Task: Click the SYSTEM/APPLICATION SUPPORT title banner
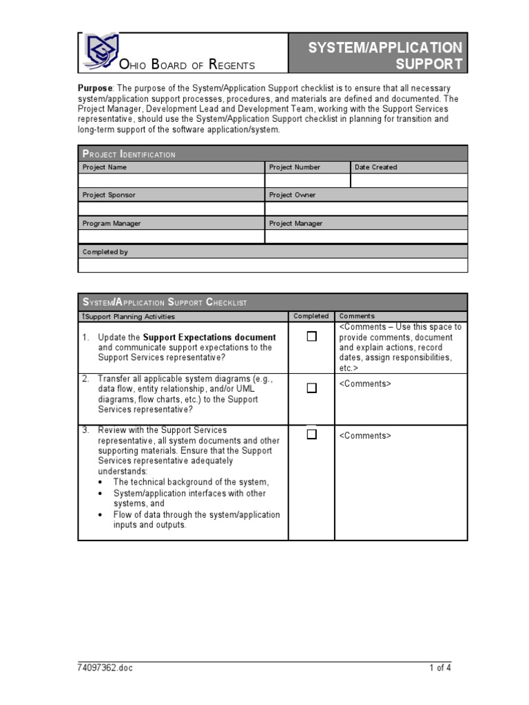click(377, 56)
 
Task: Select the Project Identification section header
click(129, 154)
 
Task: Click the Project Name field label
click(105, 167)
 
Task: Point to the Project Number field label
click(295, 167)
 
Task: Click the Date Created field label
click(375, 167)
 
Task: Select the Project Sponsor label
click(109, 196)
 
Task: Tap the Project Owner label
click(292, 196)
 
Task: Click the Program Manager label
click(112, 224)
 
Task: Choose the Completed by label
click(105, 252)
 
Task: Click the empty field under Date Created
click(409, 181)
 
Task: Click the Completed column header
click(311, 316)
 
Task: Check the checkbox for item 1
click(312, 337)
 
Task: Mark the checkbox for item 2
click(312, 388)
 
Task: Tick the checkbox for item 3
click(312, 434)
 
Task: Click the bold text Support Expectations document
click(209, 337)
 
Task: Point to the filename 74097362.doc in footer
click(105, 668)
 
